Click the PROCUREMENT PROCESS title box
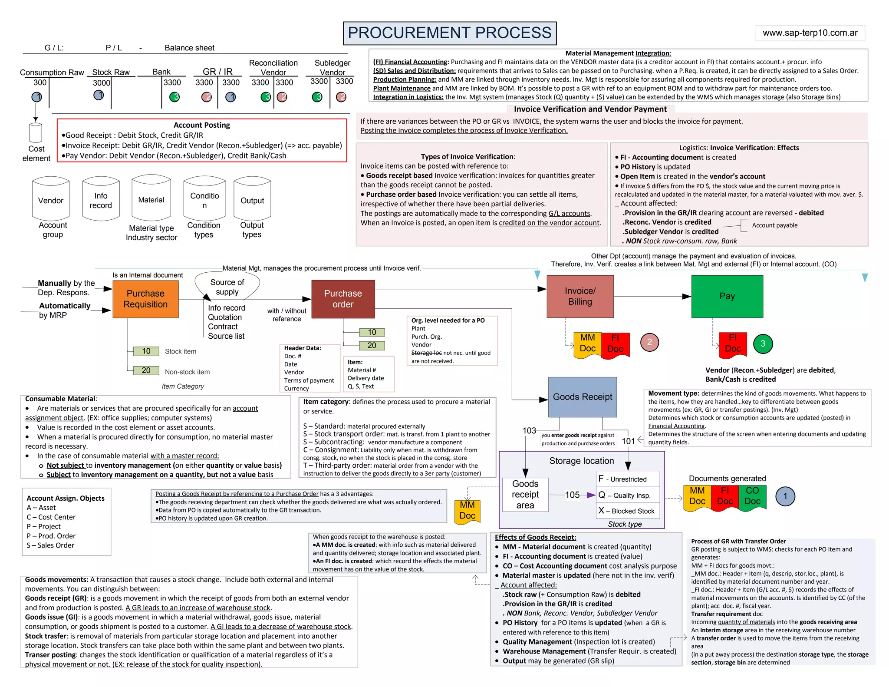[450, 33]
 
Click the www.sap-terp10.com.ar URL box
[810, 33]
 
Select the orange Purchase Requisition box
[145, 299]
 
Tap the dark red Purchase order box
[343, 299]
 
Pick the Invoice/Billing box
[580, 296]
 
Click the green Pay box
[727, 296]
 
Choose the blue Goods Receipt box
[583, 397]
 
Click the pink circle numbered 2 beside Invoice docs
[649, 342]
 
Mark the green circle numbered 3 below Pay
[763, 343]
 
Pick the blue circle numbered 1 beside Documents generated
[785, 496]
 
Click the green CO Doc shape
[752, 496]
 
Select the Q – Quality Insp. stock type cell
[628, 495]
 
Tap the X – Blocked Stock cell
[628, 511]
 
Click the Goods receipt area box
[525, 494]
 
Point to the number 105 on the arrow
[572, 495]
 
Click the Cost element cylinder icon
[36, 132]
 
